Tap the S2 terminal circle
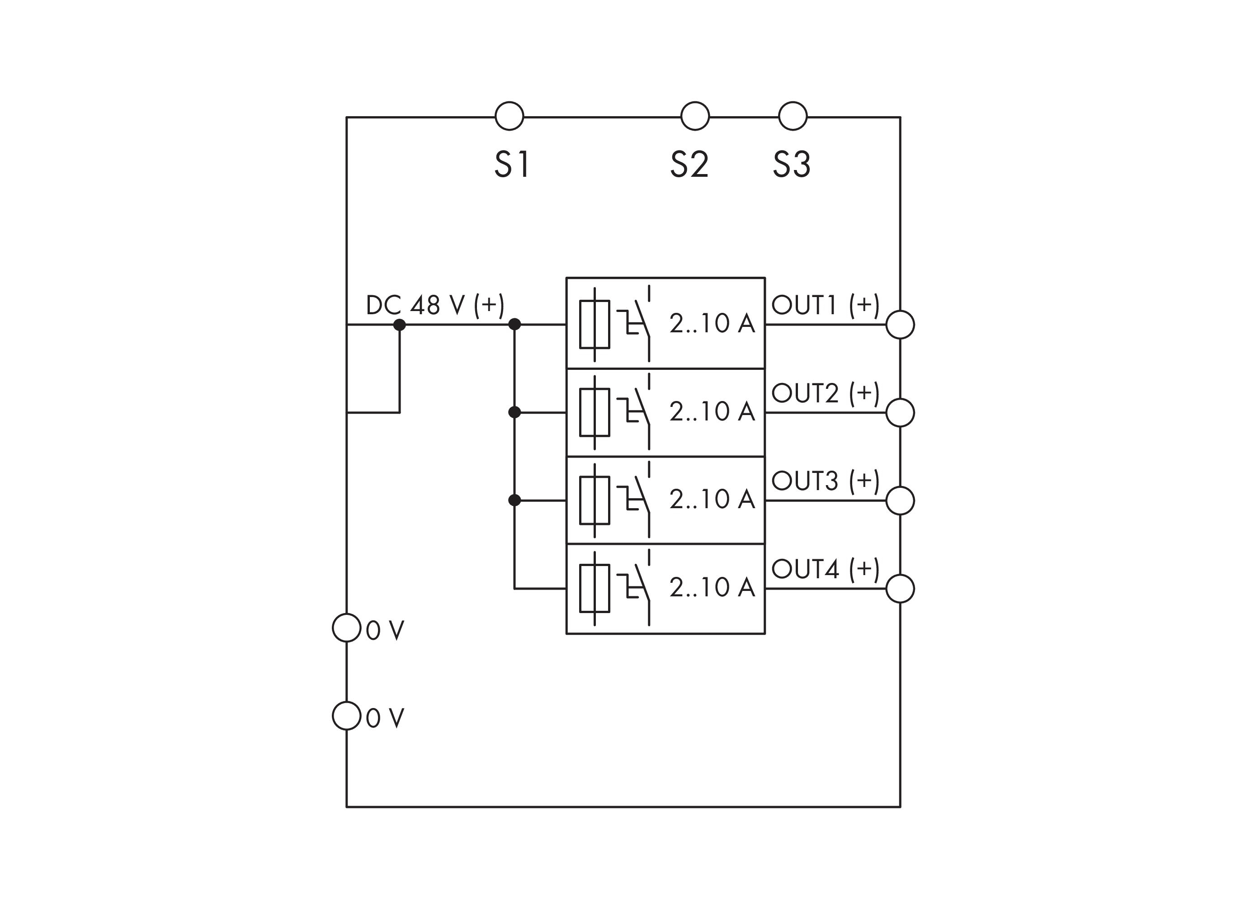[x=694, y=116]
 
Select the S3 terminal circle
[x=792, y=116]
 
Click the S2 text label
[x=689, y=164]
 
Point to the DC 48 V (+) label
[x=435, y=305]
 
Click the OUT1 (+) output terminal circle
[x=900, y=324]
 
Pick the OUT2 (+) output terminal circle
[x=900, y=413]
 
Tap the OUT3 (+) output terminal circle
[x=900, y=500]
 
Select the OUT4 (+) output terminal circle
[x=900, y=588]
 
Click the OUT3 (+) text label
[x=825, y=481]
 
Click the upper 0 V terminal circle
[x=346, y=628]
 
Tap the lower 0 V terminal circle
[x=346, y=716]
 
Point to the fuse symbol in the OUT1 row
[x=595, y=324]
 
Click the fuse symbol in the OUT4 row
[x=595, y=588]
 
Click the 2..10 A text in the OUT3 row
[x=712, y=499]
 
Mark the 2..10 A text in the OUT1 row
[x=712, y=323]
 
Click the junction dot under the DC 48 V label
[x=399, y=325]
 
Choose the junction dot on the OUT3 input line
[x=514, y=500]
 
